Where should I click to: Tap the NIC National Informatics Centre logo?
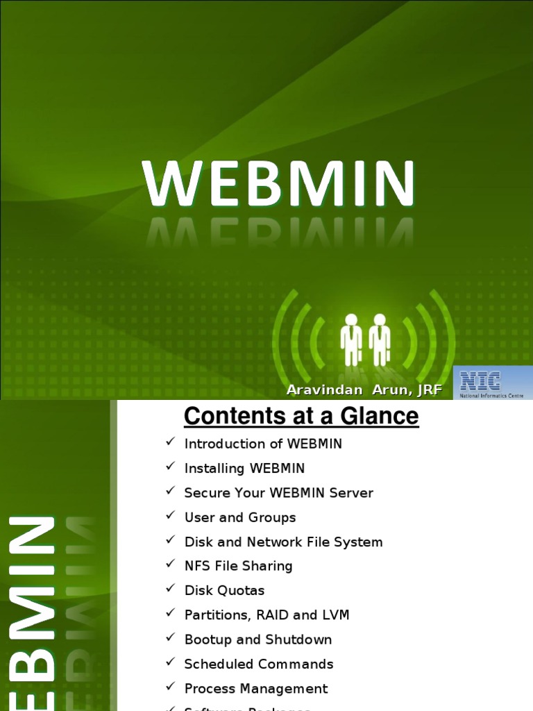pos(493,383)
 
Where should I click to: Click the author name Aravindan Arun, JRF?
pos(364,390)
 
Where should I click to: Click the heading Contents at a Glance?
pos(301,417)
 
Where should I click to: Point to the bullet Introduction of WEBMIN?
pos(263,444)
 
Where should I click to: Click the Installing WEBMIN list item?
pos(244,469)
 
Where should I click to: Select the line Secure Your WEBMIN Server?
pos(278,493)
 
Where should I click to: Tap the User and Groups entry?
pos(239,517)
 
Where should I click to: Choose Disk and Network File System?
pos(283,542)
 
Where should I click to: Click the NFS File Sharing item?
pos(238,566)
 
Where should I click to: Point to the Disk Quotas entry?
pos(224,591)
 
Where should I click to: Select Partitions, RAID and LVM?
pos(266,615)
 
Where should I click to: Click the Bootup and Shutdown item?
pos(257,639)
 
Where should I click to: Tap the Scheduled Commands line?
pos(258,664)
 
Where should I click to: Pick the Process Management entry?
pos(255,689)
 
